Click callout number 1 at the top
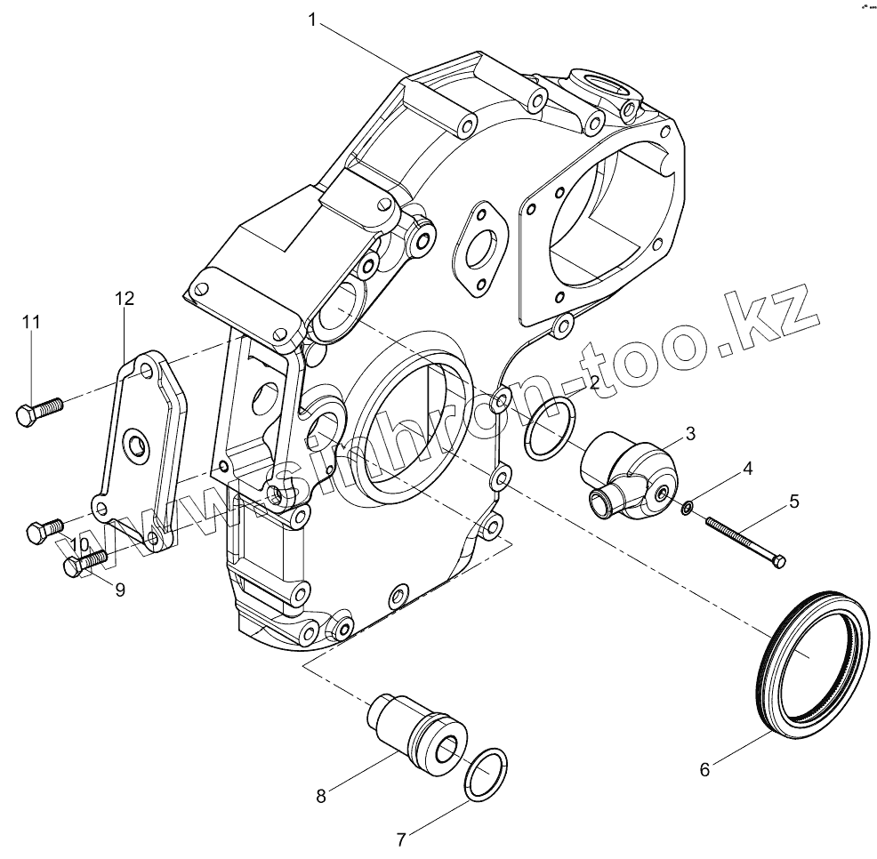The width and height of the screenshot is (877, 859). point(312,19)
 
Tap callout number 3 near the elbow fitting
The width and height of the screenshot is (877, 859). point(689,433)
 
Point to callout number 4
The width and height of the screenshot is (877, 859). point(748,468)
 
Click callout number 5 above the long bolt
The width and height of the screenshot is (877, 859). point(793,502)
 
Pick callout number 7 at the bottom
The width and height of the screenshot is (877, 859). point(401,838)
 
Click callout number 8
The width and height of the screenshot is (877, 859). point(321,795)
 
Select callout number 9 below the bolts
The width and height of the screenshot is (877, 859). point(119,588)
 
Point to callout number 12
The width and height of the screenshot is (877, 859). point(124,299)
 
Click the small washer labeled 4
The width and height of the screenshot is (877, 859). point(687,508)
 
